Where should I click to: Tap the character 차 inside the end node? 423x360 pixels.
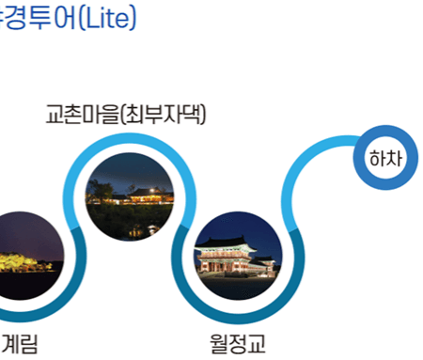pyautogui.click(x=395, y=158)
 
